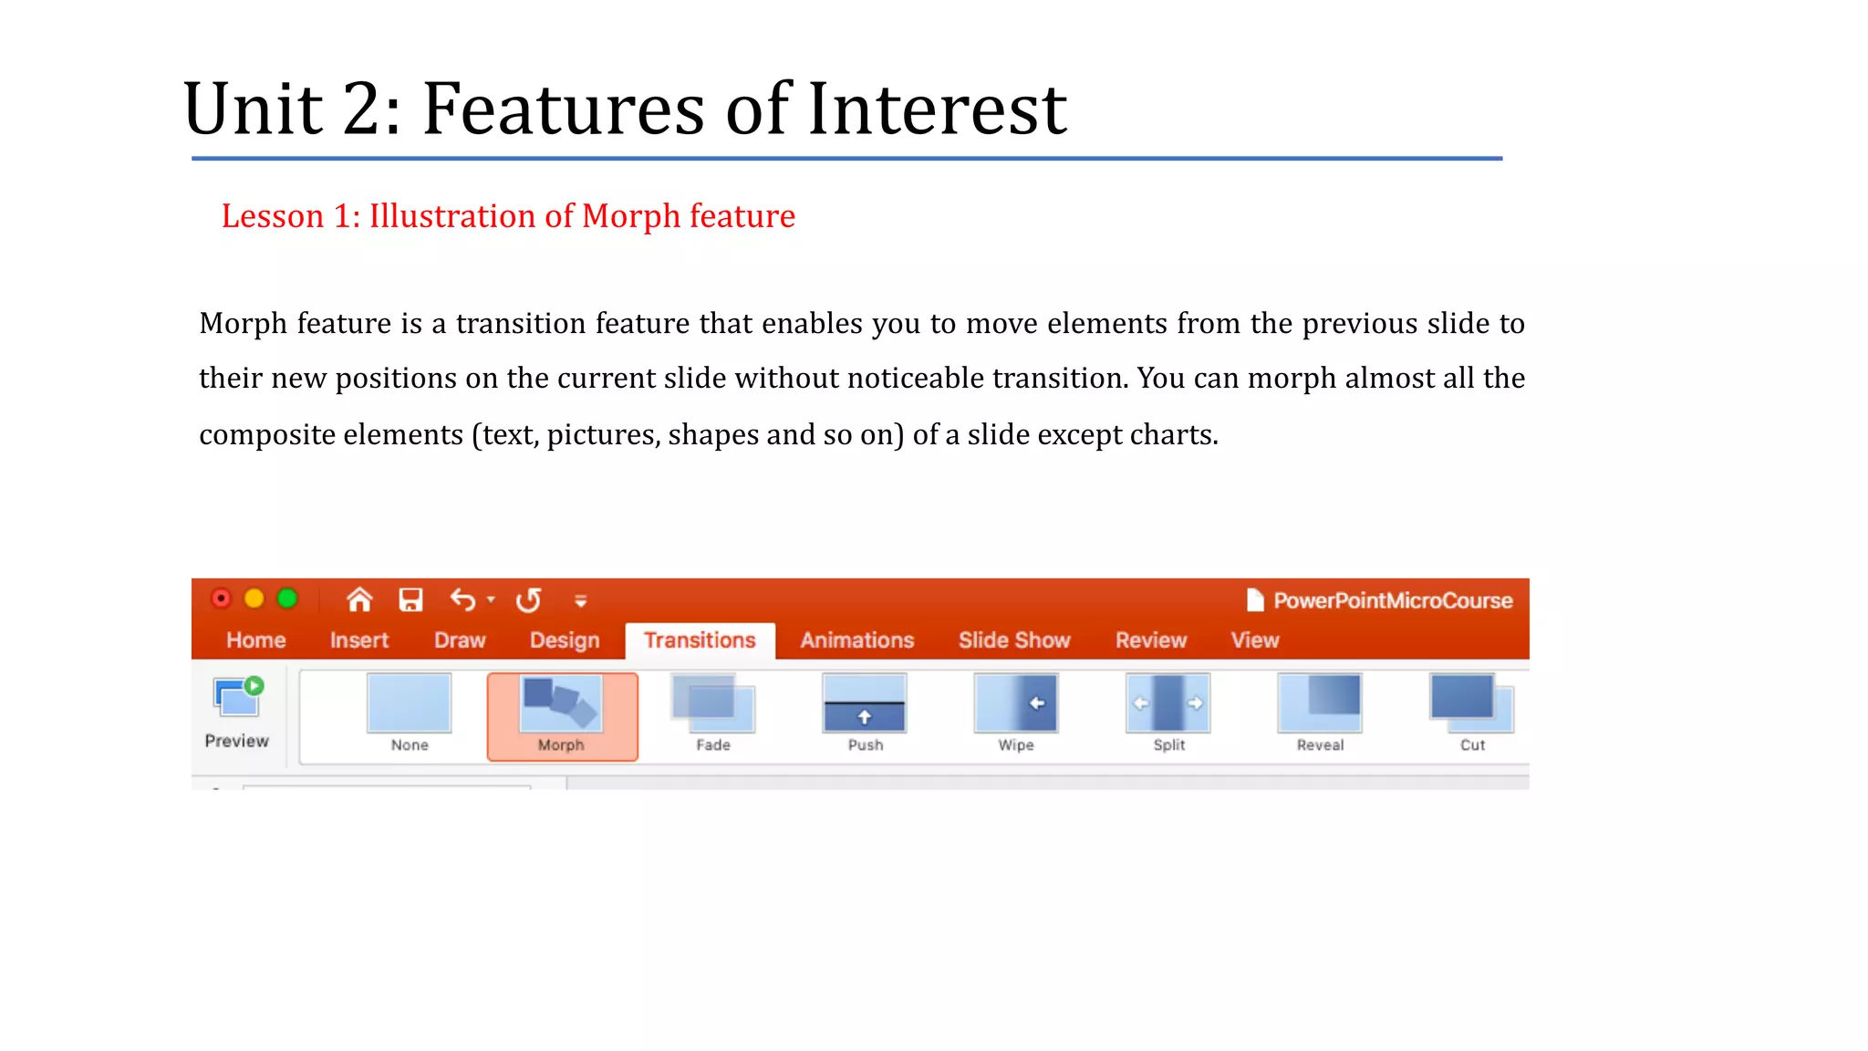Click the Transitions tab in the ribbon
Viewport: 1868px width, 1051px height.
point(700,640)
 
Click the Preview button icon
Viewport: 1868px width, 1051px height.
point(237,698)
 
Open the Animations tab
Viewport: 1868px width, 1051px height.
point(856,640)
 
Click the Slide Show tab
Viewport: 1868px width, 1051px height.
point(1014,640)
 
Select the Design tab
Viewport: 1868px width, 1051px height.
point(565,640)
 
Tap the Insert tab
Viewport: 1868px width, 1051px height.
point(359,640)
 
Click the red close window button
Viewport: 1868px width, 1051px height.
point(221,598)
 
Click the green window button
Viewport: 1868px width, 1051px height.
point(287,598)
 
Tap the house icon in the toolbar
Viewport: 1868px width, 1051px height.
point(359,599)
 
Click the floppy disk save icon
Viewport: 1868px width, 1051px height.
point(410,599)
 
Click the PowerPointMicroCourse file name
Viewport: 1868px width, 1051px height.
point(1392,600)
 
